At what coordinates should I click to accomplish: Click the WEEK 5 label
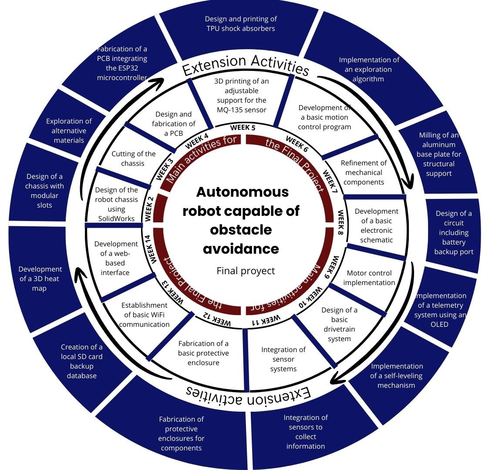(243, 128)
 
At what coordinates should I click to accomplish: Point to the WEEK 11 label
(266, 321)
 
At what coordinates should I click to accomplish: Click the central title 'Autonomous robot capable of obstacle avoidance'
(241, 220)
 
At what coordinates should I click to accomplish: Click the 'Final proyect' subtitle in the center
(246, 271)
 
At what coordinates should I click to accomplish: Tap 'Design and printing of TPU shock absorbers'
(241, 23)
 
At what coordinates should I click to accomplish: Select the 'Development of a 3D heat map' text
(40, 279)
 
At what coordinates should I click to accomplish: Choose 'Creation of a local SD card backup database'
(82, 361)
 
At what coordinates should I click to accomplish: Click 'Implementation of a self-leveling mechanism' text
(397, 376)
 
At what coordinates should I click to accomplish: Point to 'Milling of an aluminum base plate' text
(439, 154)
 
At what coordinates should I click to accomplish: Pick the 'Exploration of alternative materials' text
(69, 131)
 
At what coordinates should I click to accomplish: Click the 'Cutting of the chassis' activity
(133, 158)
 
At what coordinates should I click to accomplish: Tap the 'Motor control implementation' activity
(369, 278)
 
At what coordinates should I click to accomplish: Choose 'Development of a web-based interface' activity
(115, 258)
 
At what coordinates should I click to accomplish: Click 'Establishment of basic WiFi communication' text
(144, 315)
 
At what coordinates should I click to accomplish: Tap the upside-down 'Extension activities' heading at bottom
(249, 393)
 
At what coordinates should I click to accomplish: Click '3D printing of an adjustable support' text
(241, 95)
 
